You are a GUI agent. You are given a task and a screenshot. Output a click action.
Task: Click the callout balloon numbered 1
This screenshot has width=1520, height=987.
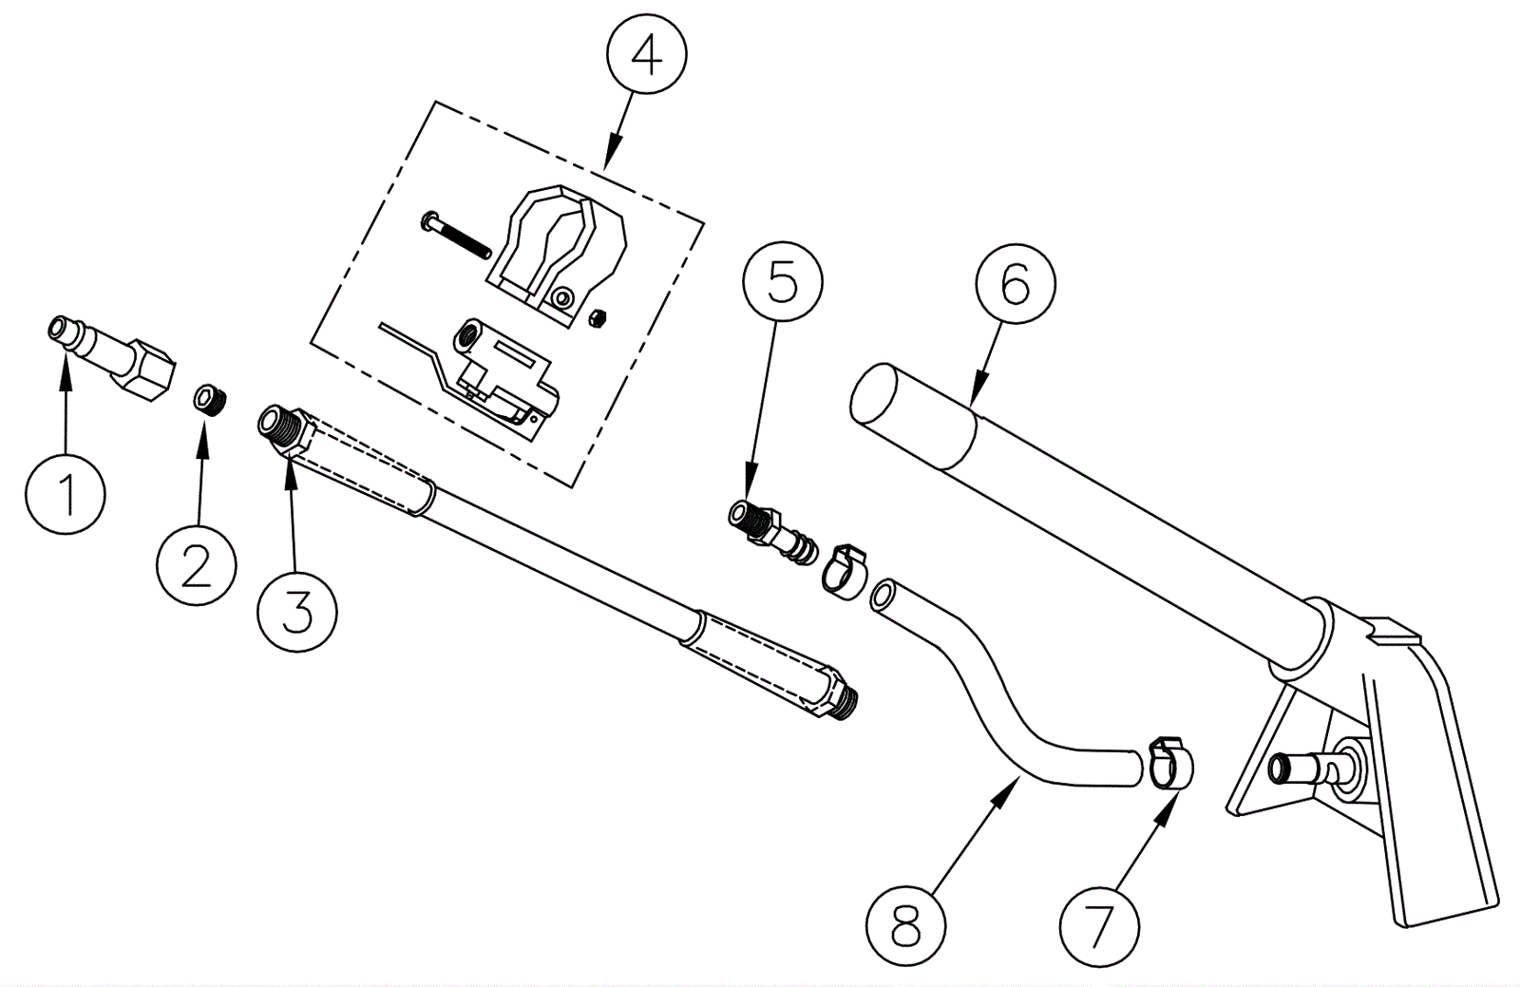pos(66,494)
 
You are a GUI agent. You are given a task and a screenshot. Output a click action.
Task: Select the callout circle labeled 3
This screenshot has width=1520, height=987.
pos(297,611)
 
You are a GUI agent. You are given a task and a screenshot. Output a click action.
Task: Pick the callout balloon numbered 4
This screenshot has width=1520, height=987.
pos(646,56)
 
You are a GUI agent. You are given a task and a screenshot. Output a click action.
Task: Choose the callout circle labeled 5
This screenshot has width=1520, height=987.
pos(783,282)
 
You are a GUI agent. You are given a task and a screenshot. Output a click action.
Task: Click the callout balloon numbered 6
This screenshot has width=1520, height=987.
pos(1016,284)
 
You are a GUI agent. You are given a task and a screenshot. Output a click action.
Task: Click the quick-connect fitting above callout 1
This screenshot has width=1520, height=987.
pos(114,357)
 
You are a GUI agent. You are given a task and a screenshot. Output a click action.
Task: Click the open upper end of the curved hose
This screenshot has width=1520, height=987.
pos(883,597)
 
